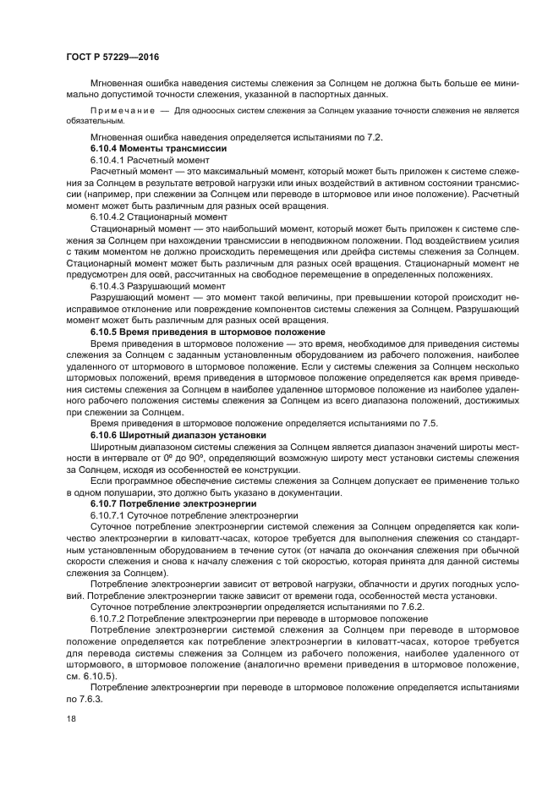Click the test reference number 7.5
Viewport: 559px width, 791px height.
pyautogui.click(x=429, y=423)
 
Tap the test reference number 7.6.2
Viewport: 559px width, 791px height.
pyautogui.click(x=388, y=607)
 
